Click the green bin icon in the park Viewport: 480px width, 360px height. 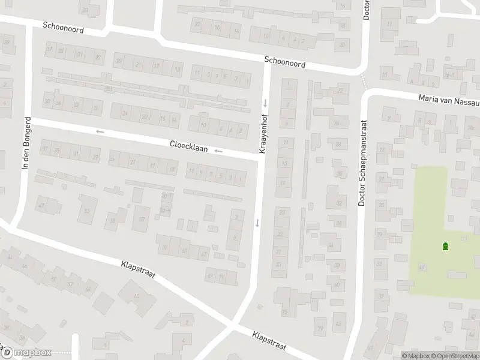(445, 246)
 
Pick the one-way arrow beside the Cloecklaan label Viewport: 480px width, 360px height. (218, 151)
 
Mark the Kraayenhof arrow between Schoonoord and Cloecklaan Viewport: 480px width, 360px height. (265, 103)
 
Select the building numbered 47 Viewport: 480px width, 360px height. (41, 206)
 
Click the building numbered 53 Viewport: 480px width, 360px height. (88, 211)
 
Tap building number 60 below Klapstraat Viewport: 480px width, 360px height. (137, 296)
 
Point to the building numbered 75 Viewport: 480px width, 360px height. (284, 312)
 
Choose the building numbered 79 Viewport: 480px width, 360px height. (320, 328)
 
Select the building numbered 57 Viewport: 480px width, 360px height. (142, 218)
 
